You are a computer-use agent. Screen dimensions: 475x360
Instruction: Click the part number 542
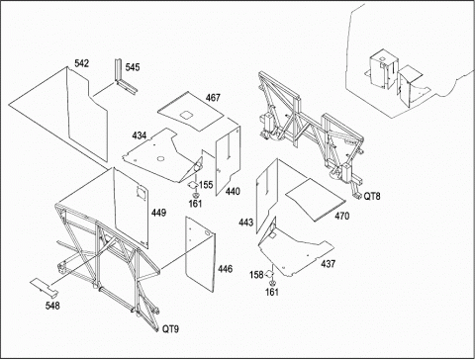[81, 63]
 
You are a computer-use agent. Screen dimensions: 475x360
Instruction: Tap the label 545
[133, 67]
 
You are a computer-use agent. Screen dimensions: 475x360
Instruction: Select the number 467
[213, 98]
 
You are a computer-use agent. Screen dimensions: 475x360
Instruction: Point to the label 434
[140, 135]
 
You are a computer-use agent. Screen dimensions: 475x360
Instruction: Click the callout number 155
[206, 185]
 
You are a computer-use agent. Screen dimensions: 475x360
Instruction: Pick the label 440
[233, 191]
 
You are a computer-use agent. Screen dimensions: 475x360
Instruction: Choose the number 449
[158, 213]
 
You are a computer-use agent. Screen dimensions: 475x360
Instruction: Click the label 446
[225, 269]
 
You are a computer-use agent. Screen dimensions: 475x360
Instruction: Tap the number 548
[52, 306]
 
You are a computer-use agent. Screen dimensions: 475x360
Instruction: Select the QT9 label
[170, 328]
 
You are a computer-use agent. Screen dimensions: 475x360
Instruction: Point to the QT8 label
[372, 196]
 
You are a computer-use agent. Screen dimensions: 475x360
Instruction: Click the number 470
[342, 216]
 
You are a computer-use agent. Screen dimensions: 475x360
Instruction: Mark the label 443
[246, 223]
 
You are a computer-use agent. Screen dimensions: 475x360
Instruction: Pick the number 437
[329, 264]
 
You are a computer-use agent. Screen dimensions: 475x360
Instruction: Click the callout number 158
[256, 275]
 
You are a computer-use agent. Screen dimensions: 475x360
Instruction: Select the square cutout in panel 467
[186, 115]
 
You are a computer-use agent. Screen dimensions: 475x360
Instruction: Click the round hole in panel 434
[160, 159]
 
